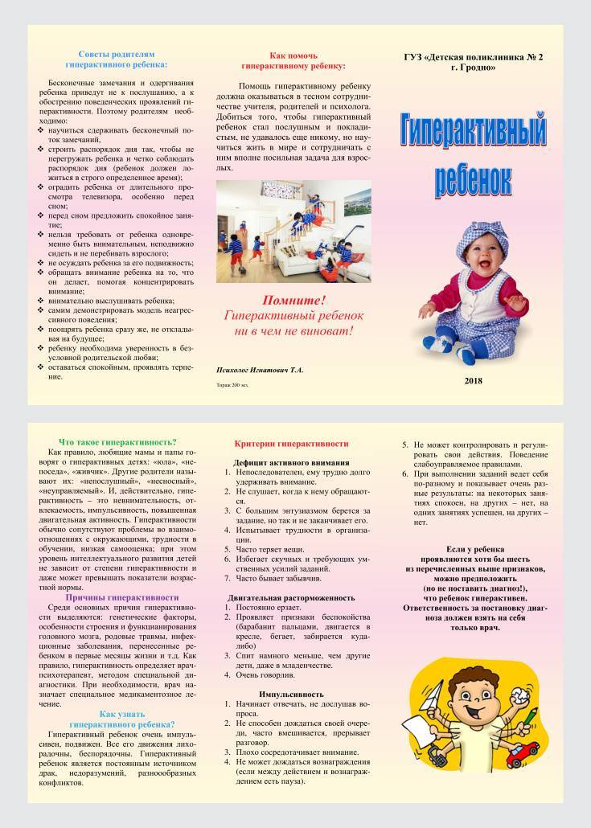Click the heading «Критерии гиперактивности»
point(291,444)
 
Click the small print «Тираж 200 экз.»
point(234,386)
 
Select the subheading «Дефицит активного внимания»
point(291,463)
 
